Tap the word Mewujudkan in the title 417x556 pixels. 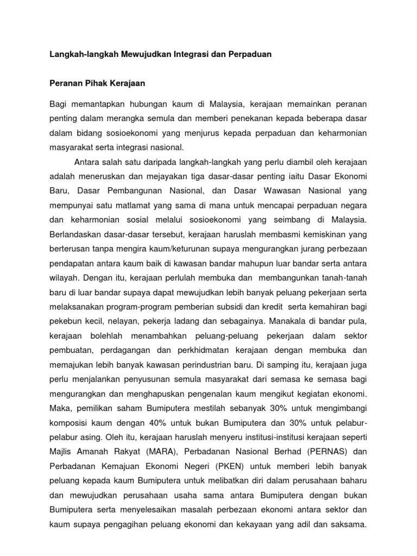[152, 55]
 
